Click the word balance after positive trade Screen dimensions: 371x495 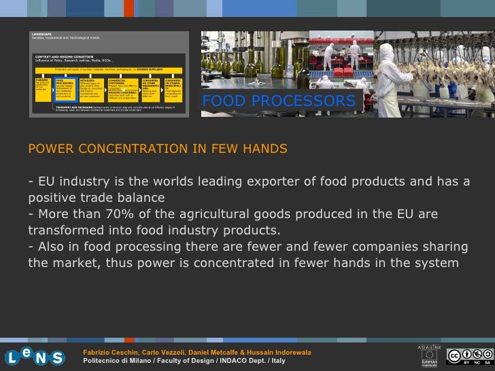coord(139,198)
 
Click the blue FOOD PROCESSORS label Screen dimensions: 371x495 coord(279,101)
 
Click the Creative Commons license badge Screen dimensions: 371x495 coord(470,356)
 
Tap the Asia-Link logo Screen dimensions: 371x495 coord(430,353)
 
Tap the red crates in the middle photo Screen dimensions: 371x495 coord(343,68)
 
